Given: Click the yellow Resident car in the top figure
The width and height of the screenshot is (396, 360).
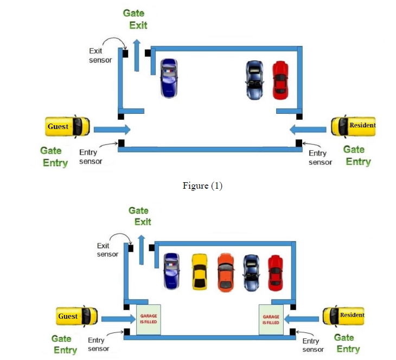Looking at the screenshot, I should tap(353, 126).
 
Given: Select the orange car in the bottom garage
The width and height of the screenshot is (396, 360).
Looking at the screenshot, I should tap(225, 272).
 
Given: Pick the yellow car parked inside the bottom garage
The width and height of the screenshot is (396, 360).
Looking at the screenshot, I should tap(200, 272).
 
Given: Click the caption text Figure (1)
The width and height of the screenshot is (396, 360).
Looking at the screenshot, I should tap(202, 185).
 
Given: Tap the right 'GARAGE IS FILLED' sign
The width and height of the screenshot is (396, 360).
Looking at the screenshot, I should tap(271, 319).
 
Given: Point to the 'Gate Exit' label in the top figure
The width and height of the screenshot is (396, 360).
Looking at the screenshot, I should tap(135, 18).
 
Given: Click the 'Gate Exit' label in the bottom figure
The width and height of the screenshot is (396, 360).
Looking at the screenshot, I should tap(140, 216).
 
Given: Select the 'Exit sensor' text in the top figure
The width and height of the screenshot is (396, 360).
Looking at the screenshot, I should tap(100, 55).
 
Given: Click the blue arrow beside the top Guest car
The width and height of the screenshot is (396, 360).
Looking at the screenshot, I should tap(112, 129).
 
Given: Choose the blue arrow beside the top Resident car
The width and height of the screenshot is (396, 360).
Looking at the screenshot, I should tap(308, 130).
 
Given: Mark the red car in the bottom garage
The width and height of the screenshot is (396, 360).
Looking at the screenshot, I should tap(276, 272).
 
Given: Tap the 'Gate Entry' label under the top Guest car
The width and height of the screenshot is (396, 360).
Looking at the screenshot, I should tap(54, 157).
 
